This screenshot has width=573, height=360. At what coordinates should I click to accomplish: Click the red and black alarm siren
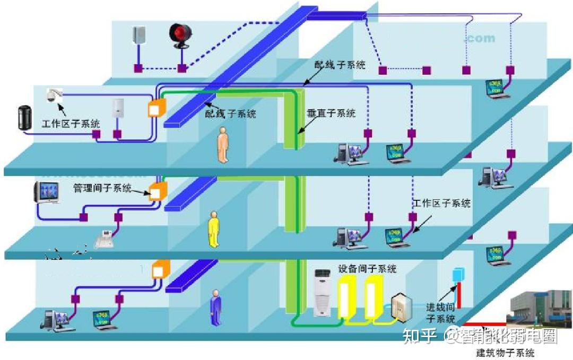click(x=179, y=36)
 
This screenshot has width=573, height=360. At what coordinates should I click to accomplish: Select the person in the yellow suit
click(x=213, y=229)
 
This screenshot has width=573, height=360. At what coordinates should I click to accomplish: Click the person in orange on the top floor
click(x=223, y=147)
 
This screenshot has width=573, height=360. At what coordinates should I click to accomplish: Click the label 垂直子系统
click(x=331, y=113)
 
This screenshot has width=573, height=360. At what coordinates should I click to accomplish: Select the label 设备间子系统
click(x=367, y=268)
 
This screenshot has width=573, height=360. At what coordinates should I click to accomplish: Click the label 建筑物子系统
click(x=505, y=353)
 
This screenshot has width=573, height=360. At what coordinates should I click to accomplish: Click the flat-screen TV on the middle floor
click(x=46, y=192)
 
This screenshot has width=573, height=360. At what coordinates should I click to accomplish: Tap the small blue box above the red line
click(x=456, y=275)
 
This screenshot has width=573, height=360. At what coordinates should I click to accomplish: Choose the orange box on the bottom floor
click(x=160, y=270)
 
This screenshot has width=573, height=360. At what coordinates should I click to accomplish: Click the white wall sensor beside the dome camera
click(x=117, y=107)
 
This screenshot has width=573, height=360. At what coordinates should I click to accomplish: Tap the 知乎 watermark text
click(x=420, y=336)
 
